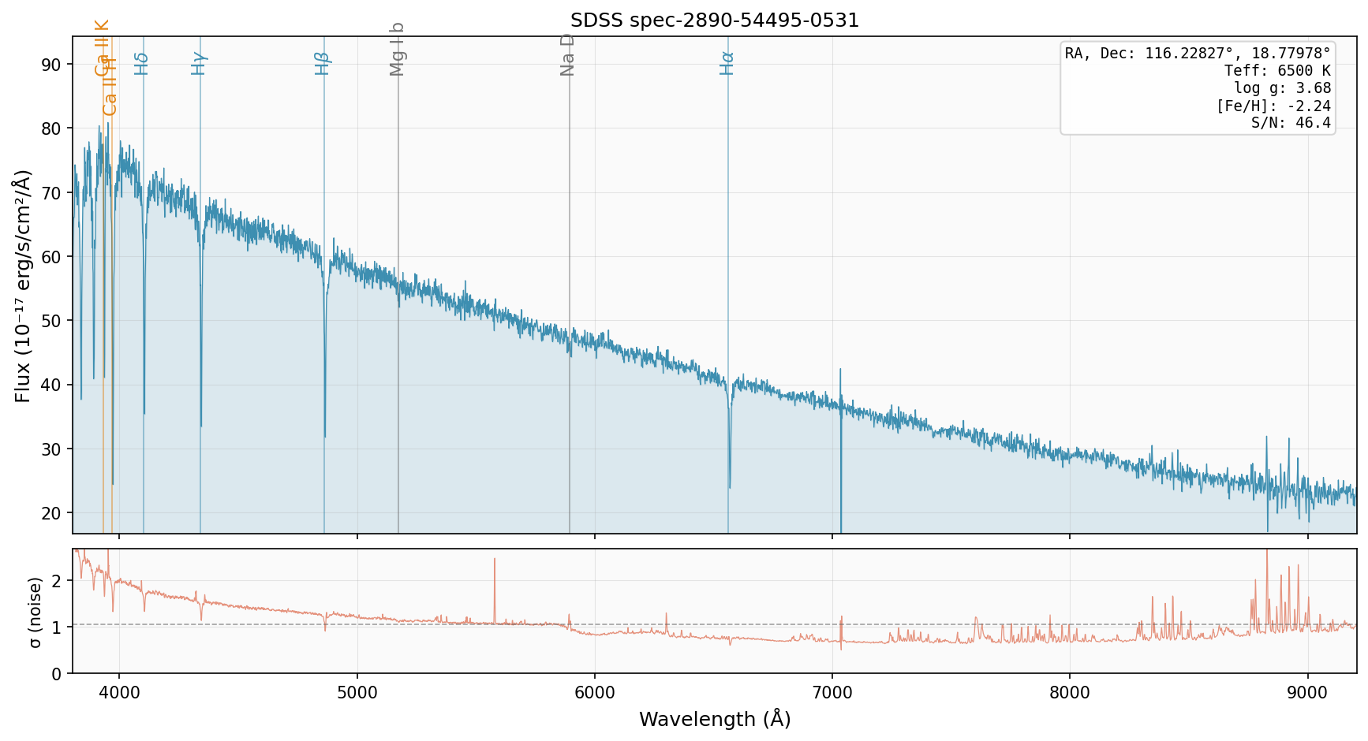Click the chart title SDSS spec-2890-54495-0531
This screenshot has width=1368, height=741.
point(714,20)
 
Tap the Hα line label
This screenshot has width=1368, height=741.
point(727,63)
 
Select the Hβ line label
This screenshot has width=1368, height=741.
point(322,63)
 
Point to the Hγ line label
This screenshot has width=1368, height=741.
point(199,63)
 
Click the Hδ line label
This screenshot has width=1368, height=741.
point(141,63)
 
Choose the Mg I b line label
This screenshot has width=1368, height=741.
point(397,49)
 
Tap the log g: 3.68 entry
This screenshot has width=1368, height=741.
point(1282,88)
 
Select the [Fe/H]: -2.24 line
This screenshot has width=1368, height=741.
point(1273,106)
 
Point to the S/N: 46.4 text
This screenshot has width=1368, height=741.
point(1291,123)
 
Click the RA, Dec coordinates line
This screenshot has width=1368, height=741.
point(1197,54)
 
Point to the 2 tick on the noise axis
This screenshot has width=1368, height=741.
point(56,581)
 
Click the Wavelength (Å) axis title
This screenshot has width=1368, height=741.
point(714,719)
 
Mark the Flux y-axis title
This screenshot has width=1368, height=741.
point(23,285)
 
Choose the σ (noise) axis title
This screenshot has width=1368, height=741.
point(35,612)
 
